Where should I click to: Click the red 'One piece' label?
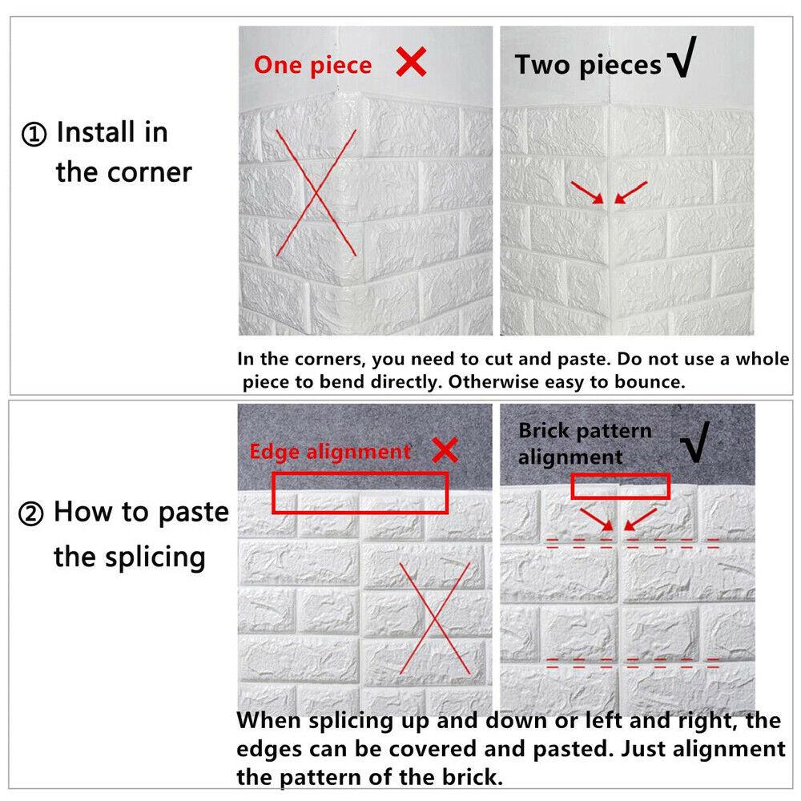pyautogui.click(x=312, y=66)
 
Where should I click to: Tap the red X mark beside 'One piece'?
pyautogui.click(x=411, y=62)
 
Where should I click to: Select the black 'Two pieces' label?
pyautogui.click(x=588, y=66)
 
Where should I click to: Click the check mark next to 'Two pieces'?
pyautogui.click(x=683, y=57)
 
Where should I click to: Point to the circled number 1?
pyautogui.click(x=34, y=135)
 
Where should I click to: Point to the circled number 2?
pyautogui.click(x=30, y=513)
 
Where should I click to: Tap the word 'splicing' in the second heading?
pyautogui.click(x=155, y=557)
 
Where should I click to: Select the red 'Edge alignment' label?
pyautogui.click(x=330, y=452)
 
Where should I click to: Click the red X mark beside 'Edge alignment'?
pyautogui.click(x=445, y=450)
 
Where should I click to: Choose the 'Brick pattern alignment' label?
pyautogui.click(x=585, y=444)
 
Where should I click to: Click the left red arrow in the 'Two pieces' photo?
pyautogui.click(x=587, y=192)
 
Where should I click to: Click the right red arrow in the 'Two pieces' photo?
pyautogui.click(x=631, y=192)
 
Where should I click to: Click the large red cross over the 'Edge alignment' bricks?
pyautogui.click(x=435, y=618)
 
